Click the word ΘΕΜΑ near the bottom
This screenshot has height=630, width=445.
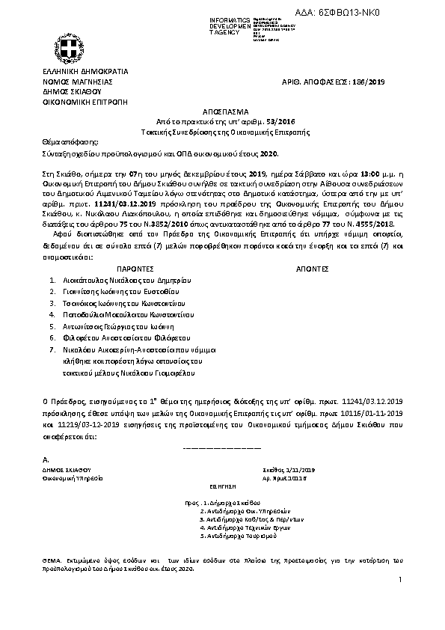point(53,560)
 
